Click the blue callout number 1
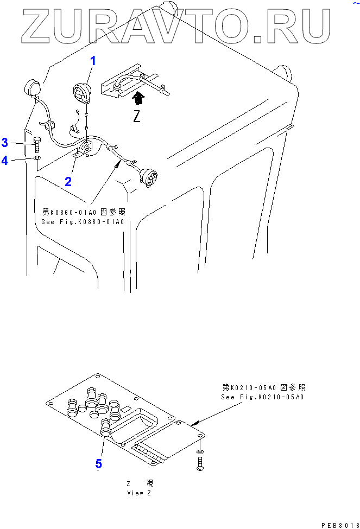pos(93,61)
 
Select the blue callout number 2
pos(68,181)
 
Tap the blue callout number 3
pos(5,143)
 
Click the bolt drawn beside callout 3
pos(37,144)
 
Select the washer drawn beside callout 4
pos(36,158)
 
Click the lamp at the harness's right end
pos(149,176)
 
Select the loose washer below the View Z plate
pos(200,451)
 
